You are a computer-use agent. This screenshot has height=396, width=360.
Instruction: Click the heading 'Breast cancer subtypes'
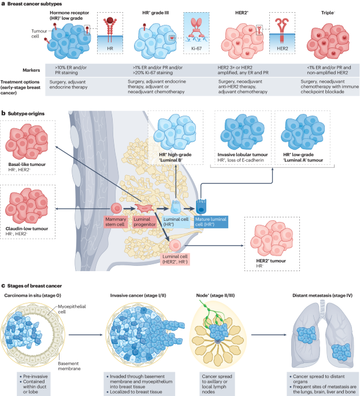pyautogui.click(x=35, y=4)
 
